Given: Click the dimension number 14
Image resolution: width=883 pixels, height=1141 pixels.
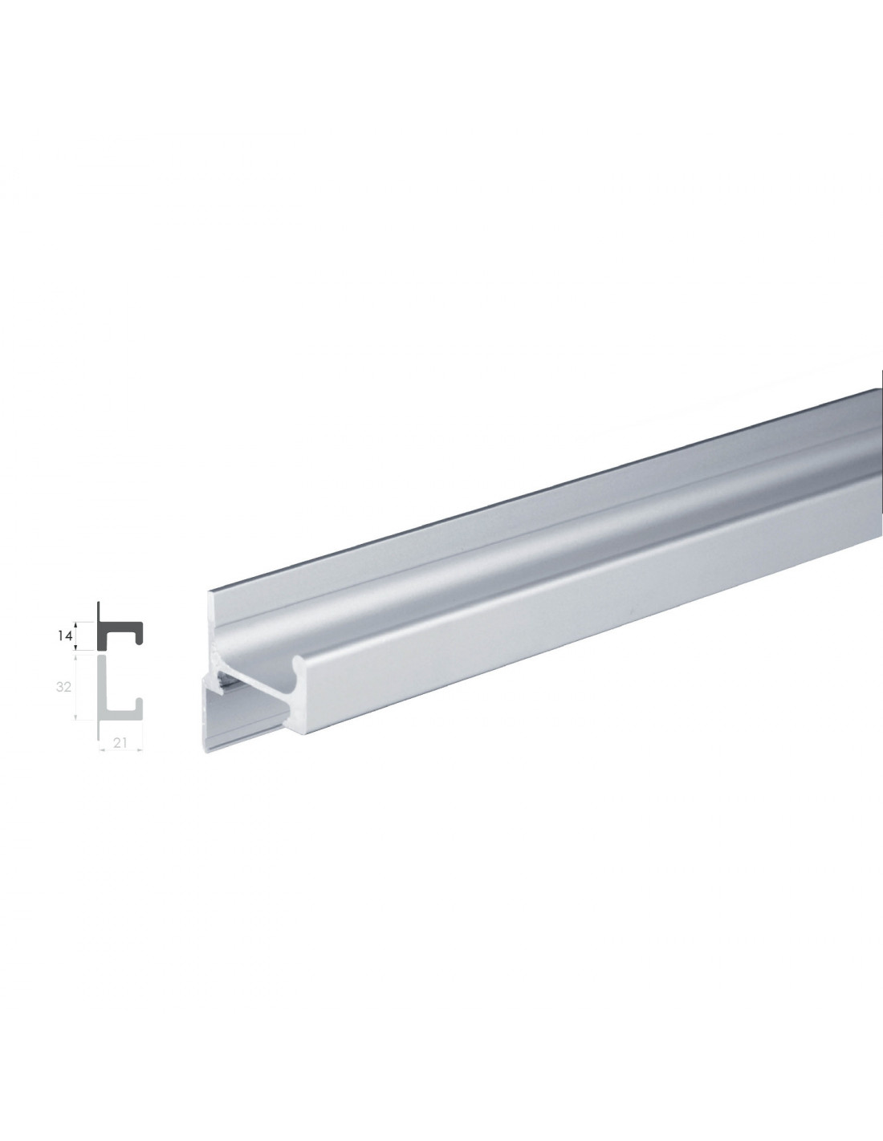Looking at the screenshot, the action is pos(64,636).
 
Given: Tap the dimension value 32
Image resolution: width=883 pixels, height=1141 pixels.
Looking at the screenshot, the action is pos(63,686).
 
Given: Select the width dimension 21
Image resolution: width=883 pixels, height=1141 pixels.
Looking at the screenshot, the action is pos(120,743).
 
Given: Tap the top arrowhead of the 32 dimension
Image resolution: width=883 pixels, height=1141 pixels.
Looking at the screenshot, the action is pos(77,657).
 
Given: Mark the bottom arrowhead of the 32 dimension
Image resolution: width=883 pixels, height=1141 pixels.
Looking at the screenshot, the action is pos(77,717).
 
